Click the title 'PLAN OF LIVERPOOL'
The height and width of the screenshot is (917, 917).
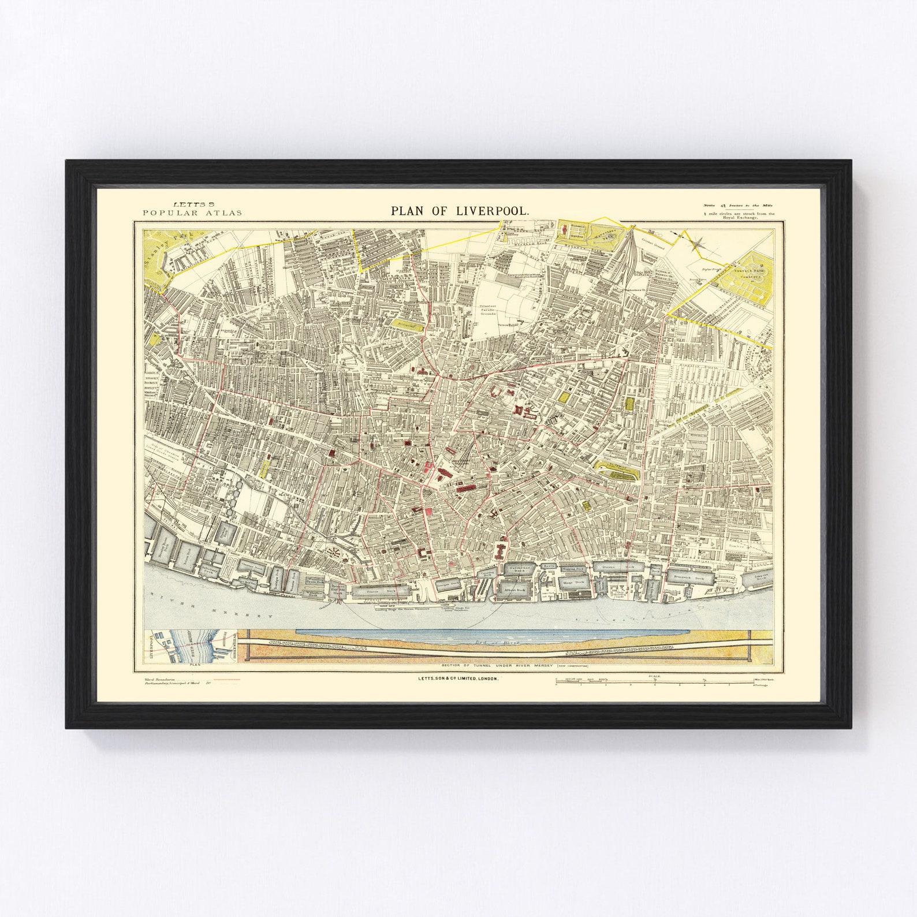point(459,211)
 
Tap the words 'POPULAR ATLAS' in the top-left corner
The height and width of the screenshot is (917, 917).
point(192,213)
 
